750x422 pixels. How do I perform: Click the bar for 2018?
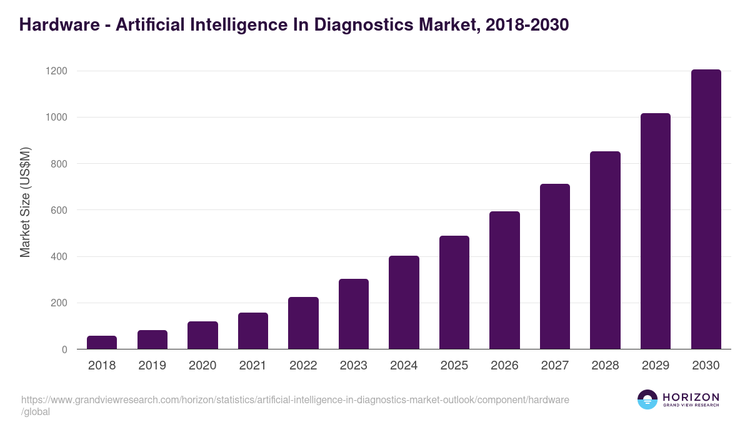102,343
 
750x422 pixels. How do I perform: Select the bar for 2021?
252,331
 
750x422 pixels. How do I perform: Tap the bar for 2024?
404,303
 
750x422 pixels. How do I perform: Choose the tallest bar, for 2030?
706,209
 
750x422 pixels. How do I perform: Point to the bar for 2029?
656,231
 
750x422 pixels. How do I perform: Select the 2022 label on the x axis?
303,366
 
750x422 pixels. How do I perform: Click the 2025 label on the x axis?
454,366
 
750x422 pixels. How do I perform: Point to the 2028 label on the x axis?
605,366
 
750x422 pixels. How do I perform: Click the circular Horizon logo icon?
647,399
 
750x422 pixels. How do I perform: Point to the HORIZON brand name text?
691,397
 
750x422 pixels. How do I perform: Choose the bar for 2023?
353,314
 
